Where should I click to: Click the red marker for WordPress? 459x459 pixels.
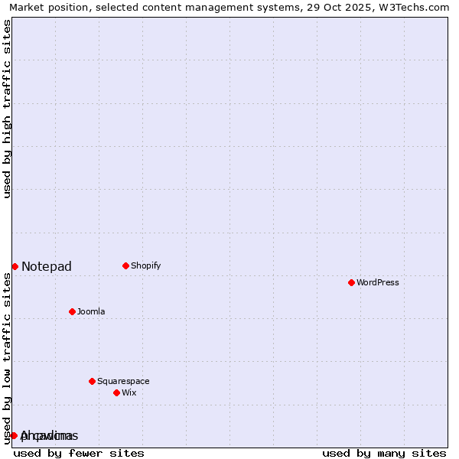tap(351, 283)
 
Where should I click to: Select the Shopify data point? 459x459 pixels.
tap(125, 266)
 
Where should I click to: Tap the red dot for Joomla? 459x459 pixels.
tap(72, 311)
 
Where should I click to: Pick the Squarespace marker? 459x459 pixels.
tap(92, 381)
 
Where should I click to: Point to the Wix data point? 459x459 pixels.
tap(116, 392)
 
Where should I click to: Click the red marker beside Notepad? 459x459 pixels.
tap(15, 266)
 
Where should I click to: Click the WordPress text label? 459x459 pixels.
tap(378, 283)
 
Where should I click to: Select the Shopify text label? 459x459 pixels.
tap(146, 266)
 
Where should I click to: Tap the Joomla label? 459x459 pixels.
tap(91, 312)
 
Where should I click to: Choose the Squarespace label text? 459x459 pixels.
tap(123, 381)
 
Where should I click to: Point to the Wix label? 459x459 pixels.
tap(129, 393)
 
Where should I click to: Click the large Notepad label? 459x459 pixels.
tap(47, 267)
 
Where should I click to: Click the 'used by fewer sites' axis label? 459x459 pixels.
tap(79, 453)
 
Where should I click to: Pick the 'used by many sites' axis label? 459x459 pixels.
tap(384, 453)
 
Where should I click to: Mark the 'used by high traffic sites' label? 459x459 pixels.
tap(8, 109)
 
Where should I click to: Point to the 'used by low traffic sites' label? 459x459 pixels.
tap(8, 358)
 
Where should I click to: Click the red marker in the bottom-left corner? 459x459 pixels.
tap(14, 435)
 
